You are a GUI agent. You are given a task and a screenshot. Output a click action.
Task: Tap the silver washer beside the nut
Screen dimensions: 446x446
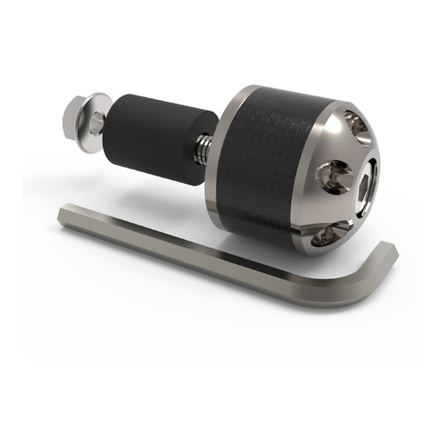94,123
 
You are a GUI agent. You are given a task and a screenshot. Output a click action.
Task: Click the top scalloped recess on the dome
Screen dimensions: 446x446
350,125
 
